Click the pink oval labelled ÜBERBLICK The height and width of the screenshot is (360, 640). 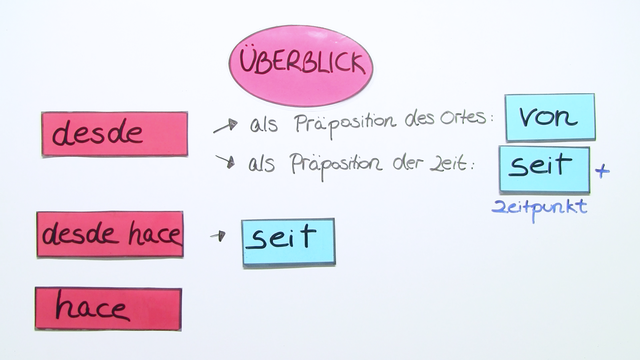click(x=300, y=65)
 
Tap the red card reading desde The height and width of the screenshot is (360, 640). click(x=114, y=134)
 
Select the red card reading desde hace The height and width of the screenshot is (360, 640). click(x=110, y=235)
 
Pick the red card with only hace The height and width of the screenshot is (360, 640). click(x=108, y=308)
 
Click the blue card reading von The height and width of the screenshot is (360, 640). click(x=550, y=118)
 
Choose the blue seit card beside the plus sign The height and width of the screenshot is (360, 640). click(x=544, y=167)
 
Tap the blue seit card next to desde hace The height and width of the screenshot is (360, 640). click(x=288, y=240)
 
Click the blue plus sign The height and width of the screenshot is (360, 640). click(x=602, y=171)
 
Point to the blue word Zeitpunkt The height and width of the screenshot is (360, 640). click(x=539, y=208)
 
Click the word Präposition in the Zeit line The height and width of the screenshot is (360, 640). click(x=336, y=165)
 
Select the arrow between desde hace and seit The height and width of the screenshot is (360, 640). click(x=217, y=237)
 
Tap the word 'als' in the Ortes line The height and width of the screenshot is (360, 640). click(x=263, y=123)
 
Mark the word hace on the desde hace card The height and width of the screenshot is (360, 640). click(x=154, y=236)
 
